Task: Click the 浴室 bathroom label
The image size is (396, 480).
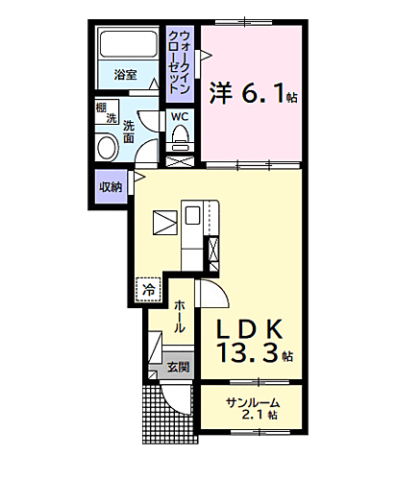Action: pyautogui.click(x=125, y=75)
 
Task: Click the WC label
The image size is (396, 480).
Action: pyautogui.click(x=180, y=116)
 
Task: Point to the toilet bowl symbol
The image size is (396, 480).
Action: pyautogui.click(x=180, y=140)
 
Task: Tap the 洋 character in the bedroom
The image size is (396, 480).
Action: pyautogui.click(x=219, y=93)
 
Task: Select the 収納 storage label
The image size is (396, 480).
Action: pyautogui.click(x=110, y=186)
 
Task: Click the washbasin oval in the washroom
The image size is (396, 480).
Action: pyautogui.click(x=104, y=147)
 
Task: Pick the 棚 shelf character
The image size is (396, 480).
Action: pyautogui.click(x=101, y=109)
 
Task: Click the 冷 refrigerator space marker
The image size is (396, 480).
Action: pyautogui.click(x=148, y=286)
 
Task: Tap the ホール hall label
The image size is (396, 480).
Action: pyautogui.click(x=179, y=314)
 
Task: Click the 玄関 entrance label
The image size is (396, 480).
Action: pyautogui.click(x=178, y=367)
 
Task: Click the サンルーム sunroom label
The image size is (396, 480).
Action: pyautogui.click(x=254, y=402)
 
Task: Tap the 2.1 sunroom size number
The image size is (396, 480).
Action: pyautogui.click(x=254, y=417)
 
